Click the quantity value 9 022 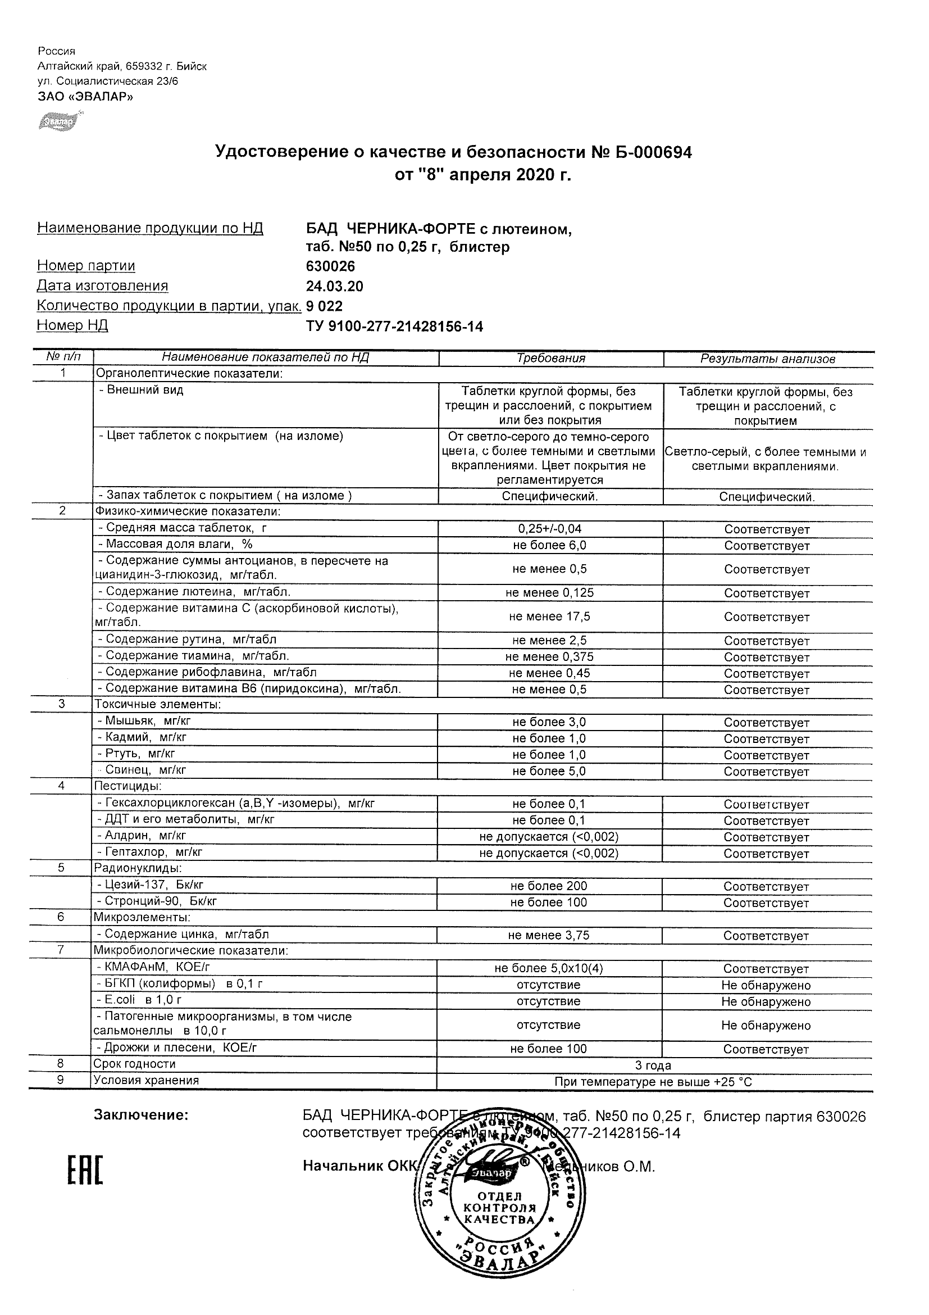coord(324,306)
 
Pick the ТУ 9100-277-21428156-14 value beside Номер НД coord(394,327)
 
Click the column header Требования coord(550,359)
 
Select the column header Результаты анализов coord(768,359)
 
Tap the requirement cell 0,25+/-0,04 coord(549,529)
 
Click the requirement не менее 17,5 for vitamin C coord(549,617)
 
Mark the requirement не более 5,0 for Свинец coord(549,772)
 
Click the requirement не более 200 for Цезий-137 coord(548,886)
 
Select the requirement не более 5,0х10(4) coord(548,968)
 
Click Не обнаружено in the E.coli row coord(766,1002)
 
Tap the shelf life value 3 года coord(653,1066)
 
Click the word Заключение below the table coord(141,1115)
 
